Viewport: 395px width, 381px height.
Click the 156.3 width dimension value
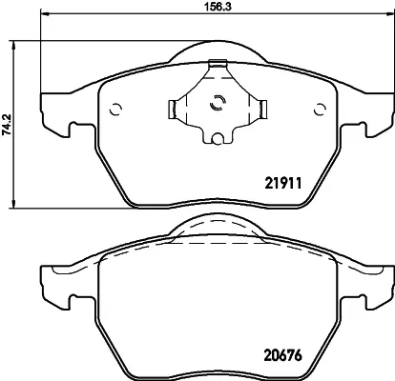(218, 7)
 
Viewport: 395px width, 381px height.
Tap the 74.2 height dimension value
(7, 125)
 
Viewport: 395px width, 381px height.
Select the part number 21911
(283, 183)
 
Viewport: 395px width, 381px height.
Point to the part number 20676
(282, 355)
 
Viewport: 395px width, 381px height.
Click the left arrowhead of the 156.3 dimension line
(44, 13)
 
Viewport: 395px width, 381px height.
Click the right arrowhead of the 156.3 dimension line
(391, 13)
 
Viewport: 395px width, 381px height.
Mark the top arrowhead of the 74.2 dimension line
(13, 45)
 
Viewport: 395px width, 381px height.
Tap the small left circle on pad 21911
(115, 110)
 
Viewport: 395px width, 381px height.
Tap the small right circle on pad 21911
(320, 109)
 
